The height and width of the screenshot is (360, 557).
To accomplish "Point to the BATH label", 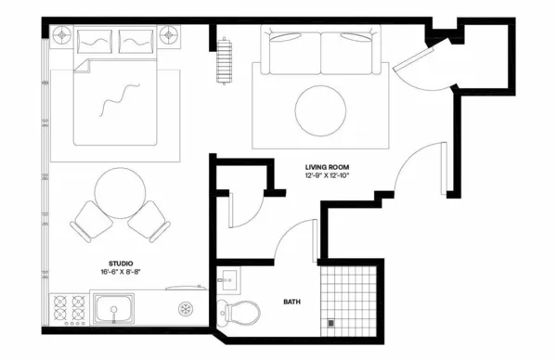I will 290,302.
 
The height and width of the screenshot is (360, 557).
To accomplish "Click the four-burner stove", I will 70,311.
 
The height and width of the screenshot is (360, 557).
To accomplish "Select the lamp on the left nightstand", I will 63,34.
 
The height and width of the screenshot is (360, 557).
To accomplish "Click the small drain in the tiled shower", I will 330,322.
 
